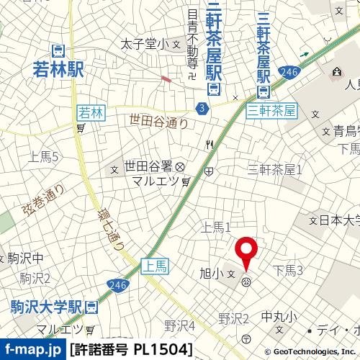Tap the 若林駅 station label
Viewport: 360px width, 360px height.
click(x=58, y=69)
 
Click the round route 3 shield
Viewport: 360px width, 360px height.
click(x=202, y=107)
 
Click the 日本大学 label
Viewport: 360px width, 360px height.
click(x=339, y=220)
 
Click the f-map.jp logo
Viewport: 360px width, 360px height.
click(x=32, y=350)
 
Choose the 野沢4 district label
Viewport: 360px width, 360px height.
click(x=179, y=325)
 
